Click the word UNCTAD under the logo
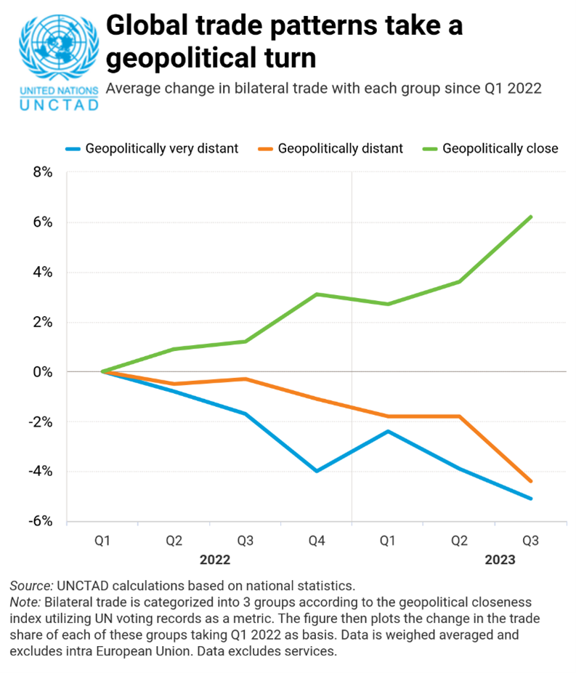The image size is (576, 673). [57, 105]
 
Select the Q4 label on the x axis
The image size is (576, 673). [316, 541]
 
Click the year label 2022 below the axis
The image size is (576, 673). [215, 560]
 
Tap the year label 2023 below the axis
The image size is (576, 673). [500, 560]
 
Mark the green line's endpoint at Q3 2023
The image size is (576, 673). [532, 217]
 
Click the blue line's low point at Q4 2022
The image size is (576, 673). [316, 471]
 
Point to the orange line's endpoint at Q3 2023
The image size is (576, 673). [532, 481]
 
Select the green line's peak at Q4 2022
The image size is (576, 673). [316, 294]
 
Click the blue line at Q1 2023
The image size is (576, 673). [388, 431]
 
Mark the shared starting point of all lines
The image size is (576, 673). [102, 371]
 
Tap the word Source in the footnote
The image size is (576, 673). [31, 585]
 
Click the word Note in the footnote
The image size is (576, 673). [25, 603]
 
